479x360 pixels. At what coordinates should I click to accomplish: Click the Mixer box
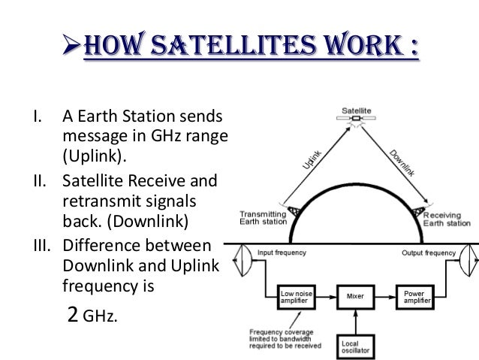(355, 296)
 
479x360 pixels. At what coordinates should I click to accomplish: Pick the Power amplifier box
(417, 296)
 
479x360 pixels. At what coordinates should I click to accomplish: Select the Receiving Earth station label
(453, 216)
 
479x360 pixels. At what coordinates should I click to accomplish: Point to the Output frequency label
(425, 253)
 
